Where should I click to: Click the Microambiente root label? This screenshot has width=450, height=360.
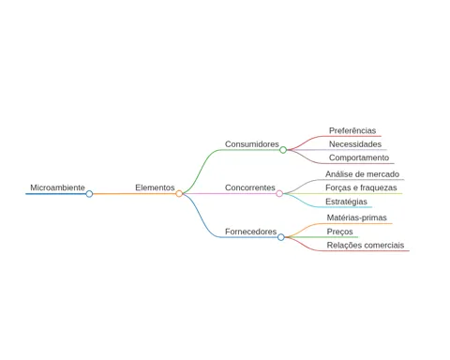57,187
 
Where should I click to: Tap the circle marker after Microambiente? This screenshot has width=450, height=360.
89,194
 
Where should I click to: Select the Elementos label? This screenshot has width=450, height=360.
155,187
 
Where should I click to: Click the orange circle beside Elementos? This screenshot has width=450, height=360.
179,194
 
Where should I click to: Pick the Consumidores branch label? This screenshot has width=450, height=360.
252,144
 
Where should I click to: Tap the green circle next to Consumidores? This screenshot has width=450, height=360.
283,150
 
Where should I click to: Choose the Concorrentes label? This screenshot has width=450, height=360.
250,187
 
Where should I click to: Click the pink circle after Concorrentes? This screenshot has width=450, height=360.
279,194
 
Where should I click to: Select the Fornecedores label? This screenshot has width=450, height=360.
251,232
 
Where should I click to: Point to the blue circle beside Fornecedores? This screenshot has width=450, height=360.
281,237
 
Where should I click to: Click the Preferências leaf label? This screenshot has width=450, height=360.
352,130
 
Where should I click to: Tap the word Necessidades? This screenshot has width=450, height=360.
355,144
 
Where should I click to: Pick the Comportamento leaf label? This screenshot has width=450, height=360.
359,157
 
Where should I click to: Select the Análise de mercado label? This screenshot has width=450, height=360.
363,174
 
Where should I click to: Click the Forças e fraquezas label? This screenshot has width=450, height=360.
361,187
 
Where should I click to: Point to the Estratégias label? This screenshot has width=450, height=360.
346,202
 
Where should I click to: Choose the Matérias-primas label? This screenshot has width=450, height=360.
357,217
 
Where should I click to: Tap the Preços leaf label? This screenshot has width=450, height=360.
340,232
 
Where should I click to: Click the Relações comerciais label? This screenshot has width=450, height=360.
366,246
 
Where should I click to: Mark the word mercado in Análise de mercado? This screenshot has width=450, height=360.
383,174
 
